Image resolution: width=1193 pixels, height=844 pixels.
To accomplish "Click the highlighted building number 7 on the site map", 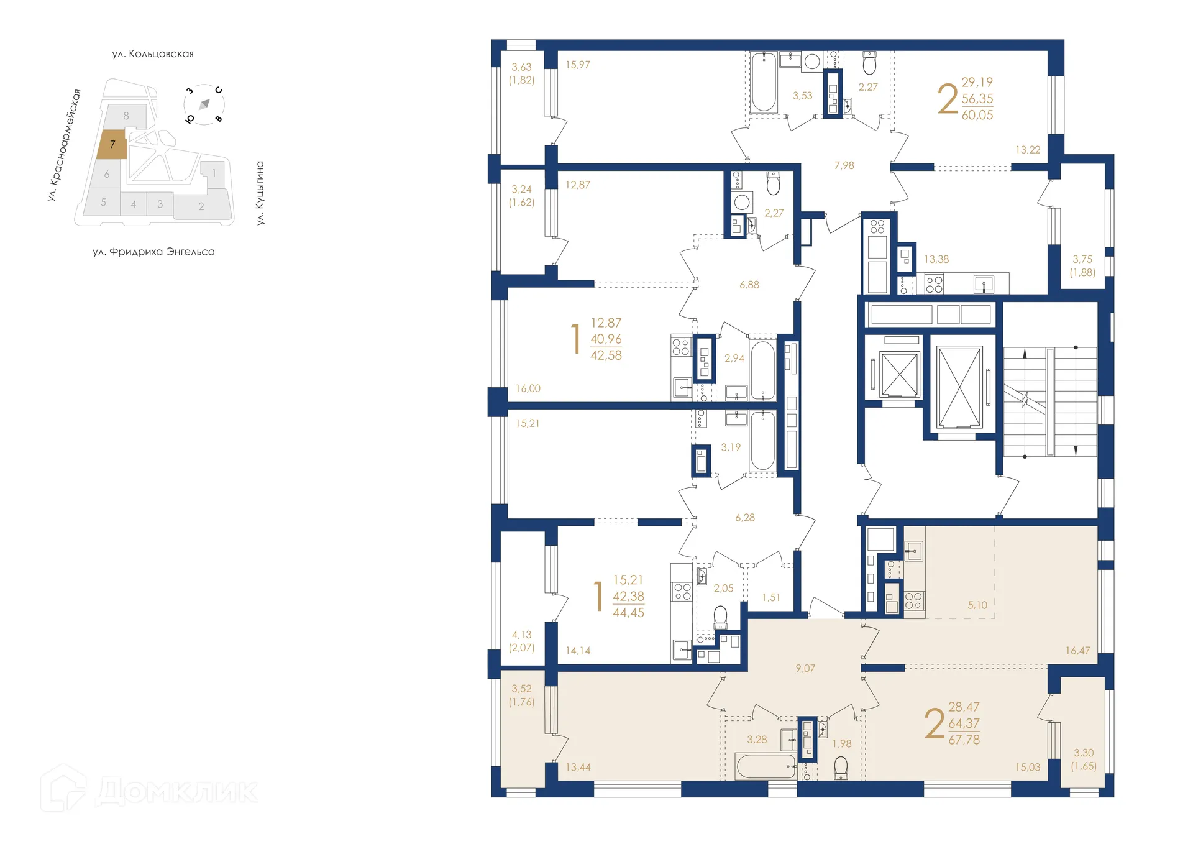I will (x=112, y=144).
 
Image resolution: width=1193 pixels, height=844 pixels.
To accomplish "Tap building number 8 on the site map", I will (x=126, y=116).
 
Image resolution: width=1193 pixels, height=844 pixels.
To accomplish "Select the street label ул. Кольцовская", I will (x=153, y=54).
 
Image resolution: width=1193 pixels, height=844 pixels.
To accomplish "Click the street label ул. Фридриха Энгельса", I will (x=153, y=252).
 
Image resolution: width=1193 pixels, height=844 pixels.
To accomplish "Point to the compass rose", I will (x=204, y=104).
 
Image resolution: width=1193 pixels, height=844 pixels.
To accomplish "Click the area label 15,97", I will (x=577, y=65).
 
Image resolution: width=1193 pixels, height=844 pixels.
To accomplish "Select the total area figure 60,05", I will (x=977, y=115).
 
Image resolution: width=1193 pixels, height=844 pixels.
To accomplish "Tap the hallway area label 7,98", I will (x=844, y=165).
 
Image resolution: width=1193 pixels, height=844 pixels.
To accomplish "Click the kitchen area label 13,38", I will (x=936, y=259).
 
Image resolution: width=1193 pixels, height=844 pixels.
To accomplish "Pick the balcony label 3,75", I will (x=1082, y=259).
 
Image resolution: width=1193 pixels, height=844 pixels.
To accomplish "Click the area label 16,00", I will (x=528, y=388).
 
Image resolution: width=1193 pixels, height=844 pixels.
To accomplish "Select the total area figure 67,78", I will (x=964, y=740).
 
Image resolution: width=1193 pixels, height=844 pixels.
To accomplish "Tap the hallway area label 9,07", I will (x=805, y=669).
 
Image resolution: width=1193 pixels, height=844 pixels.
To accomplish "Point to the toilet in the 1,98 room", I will (x=841, y=768).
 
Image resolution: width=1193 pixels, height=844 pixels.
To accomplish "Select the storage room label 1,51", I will (x=770, y=597).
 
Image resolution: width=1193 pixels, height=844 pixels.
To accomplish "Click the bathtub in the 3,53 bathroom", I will (x=763, y=83).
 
